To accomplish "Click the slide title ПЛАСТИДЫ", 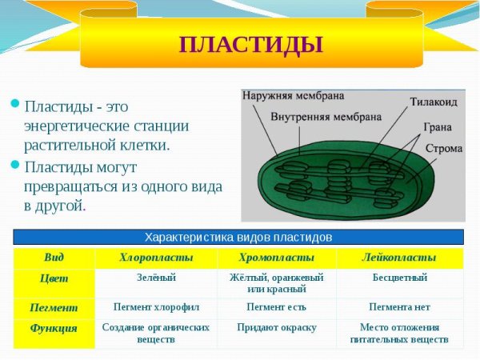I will pos(250,44).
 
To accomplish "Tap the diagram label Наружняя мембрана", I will pos(293,96).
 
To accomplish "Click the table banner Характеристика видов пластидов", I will pos(238,238).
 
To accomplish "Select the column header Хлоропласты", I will pos(156,258).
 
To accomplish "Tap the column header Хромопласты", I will pos(276,258).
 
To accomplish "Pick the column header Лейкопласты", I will pos(399,258).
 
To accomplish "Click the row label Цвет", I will pos(54,278).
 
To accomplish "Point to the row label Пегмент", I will pos(54,307).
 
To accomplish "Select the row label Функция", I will pos(54,328).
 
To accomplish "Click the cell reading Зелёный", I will pos(156,278).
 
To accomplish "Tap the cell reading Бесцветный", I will pos(399,278).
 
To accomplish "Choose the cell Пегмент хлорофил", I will pos(156,307).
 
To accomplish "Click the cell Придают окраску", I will pos(276,327).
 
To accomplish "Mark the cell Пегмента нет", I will pos(399,307).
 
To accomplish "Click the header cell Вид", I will pos(54,258).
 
